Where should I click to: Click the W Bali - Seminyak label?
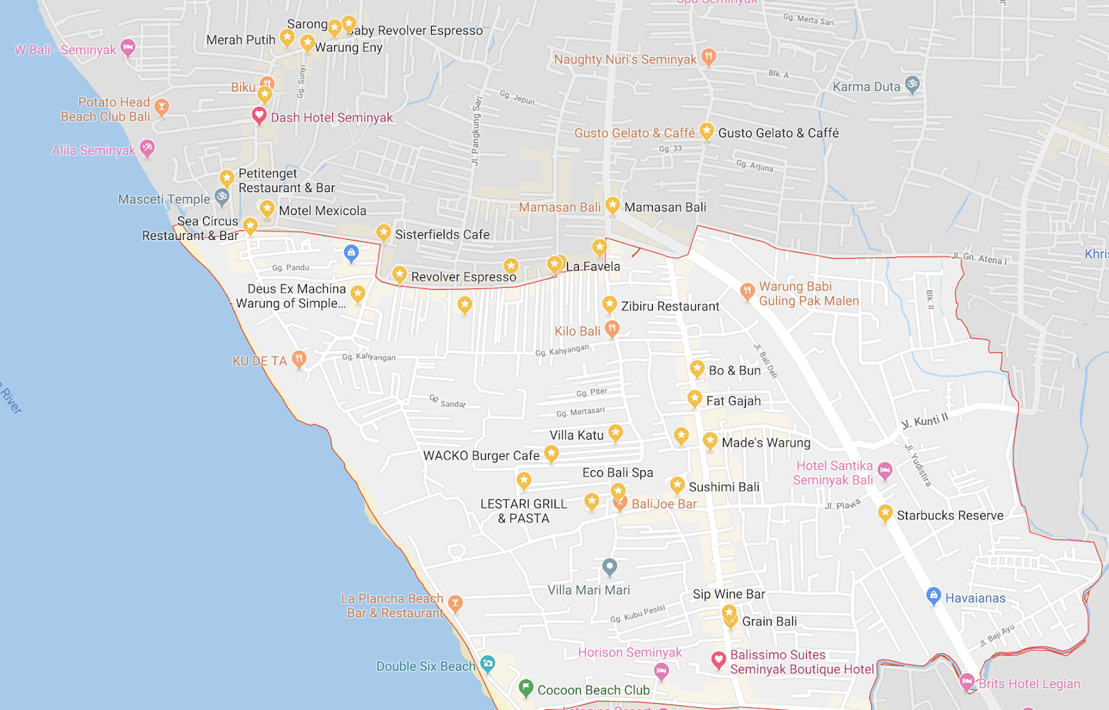[x=65, y=50]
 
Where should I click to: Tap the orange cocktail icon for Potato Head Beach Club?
[x=161, y=107]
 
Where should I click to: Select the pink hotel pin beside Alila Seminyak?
[x=147, y=148]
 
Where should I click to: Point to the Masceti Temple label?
[x=164, y=200]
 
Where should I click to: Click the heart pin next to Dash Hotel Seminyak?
[x=259, y=116]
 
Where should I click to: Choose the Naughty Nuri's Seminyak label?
[x=625, y=60]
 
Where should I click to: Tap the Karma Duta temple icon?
[x=913, y=85]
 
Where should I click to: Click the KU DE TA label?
[x=259, y=361]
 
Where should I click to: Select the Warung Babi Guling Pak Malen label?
[x=809, y=294]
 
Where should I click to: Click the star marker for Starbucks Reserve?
[x=885, y=514]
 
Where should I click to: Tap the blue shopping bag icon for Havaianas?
[x=934, y=596]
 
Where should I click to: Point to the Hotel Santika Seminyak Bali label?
[x=833, y=473]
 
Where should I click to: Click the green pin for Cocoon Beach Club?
[x=526, y=688]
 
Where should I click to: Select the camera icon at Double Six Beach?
[x=488, y=664]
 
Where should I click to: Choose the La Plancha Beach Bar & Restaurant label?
[x=392, y=606]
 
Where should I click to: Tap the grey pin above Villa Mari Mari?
[x=610, y=567]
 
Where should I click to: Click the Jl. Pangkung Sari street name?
[x=476, y=130]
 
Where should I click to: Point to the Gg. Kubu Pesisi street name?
[x=638, y=614]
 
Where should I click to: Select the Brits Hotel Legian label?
[x=1029, y=684]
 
